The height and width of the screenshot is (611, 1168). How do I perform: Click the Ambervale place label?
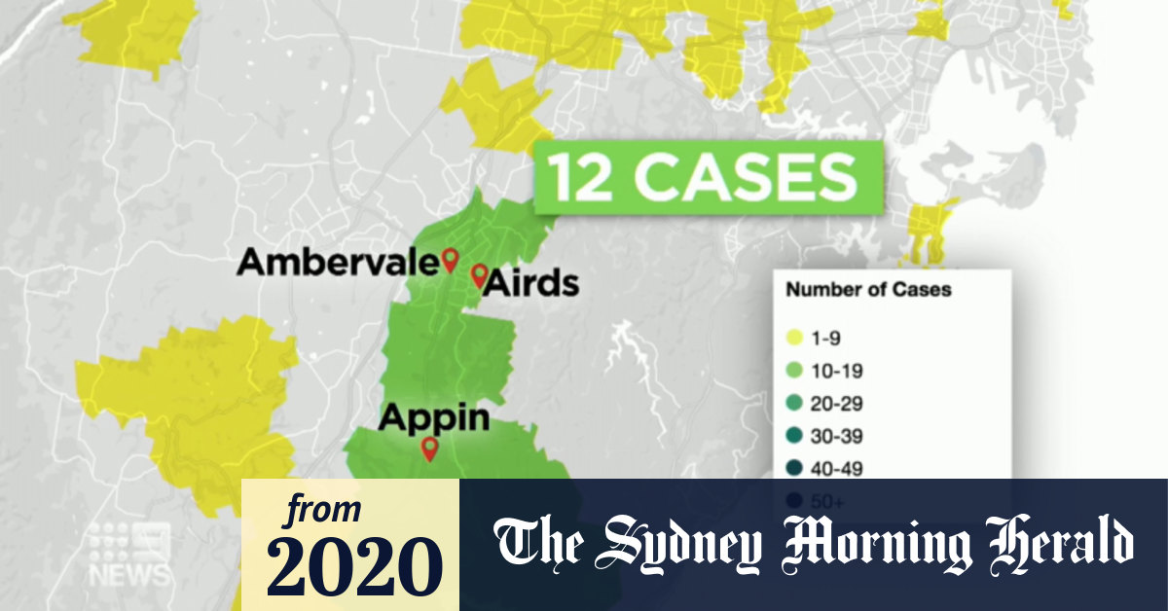point(337,262)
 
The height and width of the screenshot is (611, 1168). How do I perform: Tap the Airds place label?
point(531,283)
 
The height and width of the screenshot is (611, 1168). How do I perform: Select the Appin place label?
point(433,417)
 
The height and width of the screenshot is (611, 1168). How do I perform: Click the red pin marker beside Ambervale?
point(450,259)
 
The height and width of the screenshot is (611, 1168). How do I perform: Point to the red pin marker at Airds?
point(478,275)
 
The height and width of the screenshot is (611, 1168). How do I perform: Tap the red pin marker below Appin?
point(427,449)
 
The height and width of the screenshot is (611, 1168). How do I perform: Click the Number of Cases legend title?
point(868,289)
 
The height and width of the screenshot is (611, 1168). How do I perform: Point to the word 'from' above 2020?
point(322,510)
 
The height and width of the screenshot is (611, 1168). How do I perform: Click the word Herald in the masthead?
point(1057,544)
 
